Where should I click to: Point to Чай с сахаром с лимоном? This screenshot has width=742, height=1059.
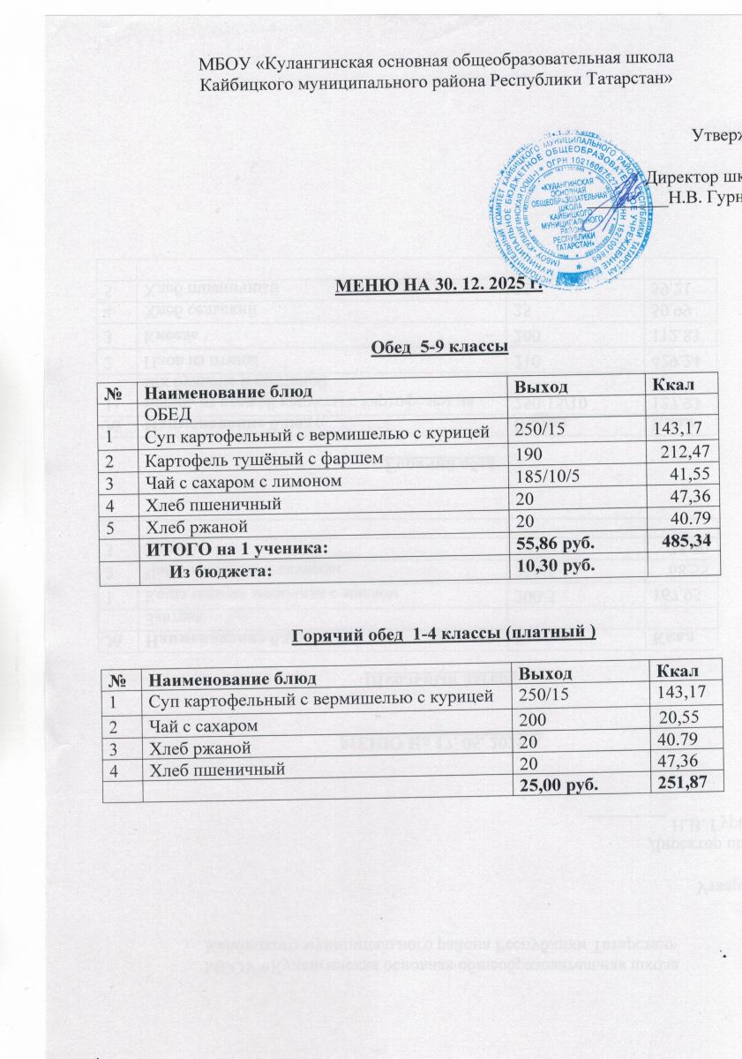(x=242, y=482)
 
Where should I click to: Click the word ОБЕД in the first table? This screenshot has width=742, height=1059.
(x=169, y=415)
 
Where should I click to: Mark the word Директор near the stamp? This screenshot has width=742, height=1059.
(x=678, y=175)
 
